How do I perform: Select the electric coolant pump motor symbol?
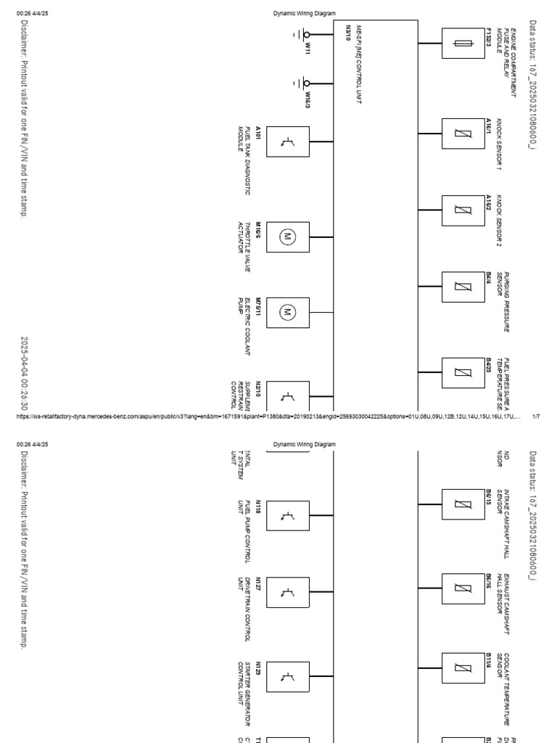point(286,312)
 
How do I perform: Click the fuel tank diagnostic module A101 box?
point(286,144)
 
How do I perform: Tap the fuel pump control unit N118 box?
point(286,517)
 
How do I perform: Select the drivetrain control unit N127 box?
point(286,595)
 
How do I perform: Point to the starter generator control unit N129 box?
point(286,676)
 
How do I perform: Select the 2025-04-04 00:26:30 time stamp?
point(25,373)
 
